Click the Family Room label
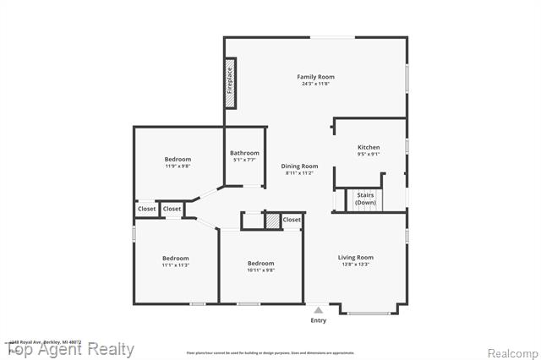click(x=315, y=77)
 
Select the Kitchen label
click(x=369, y=147)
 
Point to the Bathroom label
click(x=244, y=153)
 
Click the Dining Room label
click(x=299, y=166)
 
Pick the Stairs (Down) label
click(x=365, y=199)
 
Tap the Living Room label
click(x=356, y=257)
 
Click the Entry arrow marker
click(x=318, y=310)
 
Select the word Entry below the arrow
click(x=318, y=320)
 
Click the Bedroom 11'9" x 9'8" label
click(x=178, y=159)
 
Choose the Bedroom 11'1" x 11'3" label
click(x=175, y=258)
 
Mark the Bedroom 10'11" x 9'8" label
click(x=260, y=263)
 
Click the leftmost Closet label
click(x=146, y=209)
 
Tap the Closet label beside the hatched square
click(x=292, y=220)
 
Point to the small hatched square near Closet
click(x=271, y=221)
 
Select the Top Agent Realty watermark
click(x=71, y=349)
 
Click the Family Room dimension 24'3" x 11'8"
click(x=315, y=84)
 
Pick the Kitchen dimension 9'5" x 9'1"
click(x=369, y=154)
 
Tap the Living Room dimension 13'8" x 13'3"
click(x=356, y=264)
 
